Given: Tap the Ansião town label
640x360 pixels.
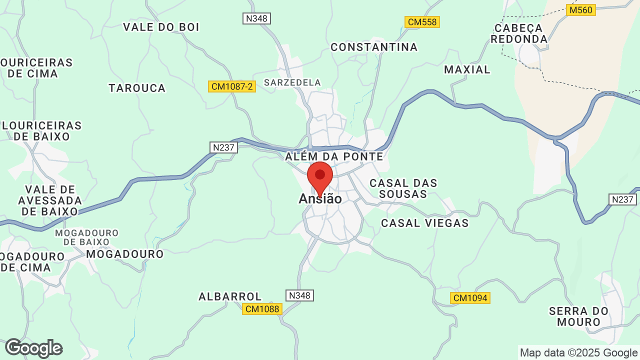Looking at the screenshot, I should click(x=320, y=199).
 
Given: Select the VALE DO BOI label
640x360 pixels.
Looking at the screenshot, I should click(x=161, y=27).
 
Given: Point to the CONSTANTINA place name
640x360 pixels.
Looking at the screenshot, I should click(x=374, y=47).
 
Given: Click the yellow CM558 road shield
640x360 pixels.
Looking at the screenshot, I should click(x=422, y=22).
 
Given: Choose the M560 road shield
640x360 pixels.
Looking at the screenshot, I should click(x=581, y=10).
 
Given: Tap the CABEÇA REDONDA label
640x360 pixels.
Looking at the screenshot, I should click(x=519, y=33).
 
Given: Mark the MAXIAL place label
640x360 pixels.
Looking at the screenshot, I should click(x=467, y=69).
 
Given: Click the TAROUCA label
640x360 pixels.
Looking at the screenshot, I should click(x=137, y=88).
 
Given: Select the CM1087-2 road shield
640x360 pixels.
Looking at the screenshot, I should click(x=232, y=86).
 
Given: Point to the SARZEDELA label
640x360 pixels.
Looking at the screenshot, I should click(x=292, y=82).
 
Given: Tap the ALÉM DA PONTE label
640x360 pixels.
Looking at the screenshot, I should click(x=334, y=156).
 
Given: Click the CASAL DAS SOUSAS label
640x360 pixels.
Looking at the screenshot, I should click(x=403, y=188).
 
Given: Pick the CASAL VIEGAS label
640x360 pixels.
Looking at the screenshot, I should click(x=425, y=223).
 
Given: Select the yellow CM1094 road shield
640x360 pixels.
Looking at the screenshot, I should click(x=470, y=298).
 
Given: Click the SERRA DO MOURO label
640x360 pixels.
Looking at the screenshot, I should click(x=578, y=316).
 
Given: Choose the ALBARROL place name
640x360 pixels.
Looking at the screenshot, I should click(x=230, y=296).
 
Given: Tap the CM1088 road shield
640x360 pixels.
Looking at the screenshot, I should click(x=262, y=309).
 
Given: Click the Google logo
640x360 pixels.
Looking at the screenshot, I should click(x=33, y=348).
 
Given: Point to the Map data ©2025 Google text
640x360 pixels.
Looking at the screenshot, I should click(x=578, y=352).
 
